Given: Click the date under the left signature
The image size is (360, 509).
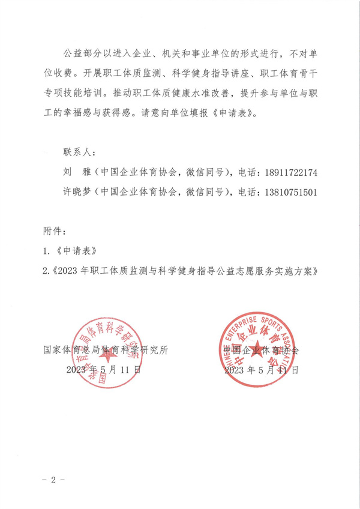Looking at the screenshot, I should (104, 370).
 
